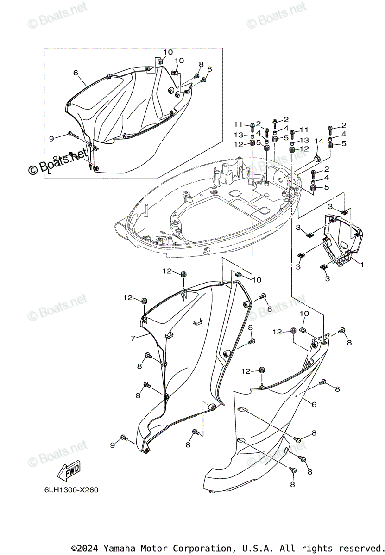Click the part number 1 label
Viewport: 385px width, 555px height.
pos(362,265)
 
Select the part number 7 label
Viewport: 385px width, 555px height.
pos(133,339)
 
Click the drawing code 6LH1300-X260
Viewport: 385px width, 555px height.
pos(66,490)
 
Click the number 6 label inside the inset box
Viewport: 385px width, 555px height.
pos(76,73)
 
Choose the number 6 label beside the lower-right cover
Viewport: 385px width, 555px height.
pos(314,404)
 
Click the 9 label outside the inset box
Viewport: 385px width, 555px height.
pos(112,444)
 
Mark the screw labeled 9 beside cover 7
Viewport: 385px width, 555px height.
pos(124,438)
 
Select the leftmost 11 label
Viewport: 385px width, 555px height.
pos(238,124)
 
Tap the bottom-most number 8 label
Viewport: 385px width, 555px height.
pos(292,484)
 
